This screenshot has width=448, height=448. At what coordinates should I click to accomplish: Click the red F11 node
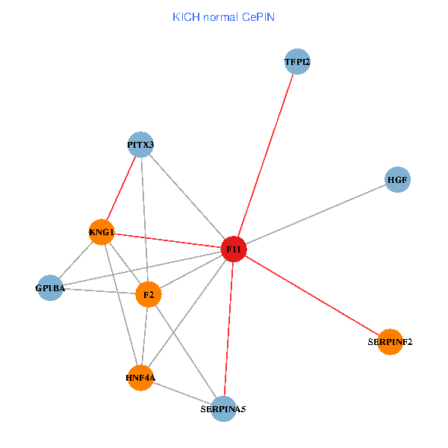234,249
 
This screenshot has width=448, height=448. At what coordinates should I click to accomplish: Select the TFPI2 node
297,61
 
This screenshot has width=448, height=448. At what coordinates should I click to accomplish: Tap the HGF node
397,179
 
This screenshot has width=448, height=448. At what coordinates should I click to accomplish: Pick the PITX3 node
140,145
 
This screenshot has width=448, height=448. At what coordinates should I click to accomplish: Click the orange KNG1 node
102,232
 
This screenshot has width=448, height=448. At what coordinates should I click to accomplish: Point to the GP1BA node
50,287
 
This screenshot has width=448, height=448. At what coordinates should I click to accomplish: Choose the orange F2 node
149,294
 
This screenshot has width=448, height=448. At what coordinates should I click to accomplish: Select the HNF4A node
140,378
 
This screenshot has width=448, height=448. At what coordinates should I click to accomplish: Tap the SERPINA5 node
223,409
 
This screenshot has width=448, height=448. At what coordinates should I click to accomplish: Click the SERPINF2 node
390,342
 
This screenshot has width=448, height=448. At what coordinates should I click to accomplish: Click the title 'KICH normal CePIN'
224,17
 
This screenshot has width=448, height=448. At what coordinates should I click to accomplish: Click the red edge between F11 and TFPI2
266,155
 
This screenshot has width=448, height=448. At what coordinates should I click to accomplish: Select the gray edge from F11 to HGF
316,214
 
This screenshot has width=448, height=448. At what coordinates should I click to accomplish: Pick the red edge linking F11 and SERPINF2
312,296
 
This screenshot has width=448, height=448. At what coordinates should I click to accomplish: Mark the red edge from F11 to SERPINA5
228,329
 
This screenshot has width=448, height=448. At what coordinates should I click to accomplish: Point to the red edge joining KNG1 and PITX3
121,188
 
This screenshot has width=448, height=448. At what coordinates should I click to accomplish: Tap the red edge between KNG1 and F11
168,240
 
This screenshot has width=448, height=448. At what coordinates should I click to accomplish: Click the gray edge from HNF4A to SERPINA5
182,393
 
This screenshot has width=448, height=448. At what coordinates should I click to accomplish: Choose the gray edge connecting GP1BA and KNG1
75,260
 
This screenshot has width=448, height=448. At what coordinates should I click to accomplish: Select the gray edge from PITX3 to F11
187,197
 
